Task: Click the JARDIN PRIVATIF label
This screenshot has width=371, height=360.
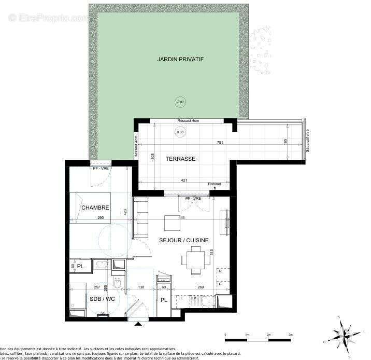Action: [180, 60]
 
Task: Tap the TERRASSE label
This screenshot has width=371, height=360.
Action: [180, 159]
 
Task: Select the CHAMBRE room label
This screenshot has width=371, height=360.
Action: [95, 208]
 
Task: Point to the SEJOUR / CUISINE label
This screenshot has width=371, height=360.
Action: [184, 240]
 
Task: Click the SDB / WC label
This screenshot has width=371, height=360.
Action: [102, 299]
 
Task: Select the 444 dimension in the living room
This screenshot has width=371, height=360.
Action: [181, 218]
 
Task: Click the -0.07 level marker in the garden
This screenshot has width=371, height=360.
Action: [180, 102]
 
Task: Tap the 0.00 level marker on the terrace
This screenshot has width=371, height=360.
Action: [180, 132]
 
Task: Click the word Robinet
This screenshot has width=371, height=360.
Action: [214, 184]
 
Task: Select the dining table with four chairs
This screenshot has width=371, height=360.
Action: [195, 260]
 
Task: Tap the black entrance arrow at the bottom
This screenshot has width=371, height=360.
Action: [138, 325]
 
